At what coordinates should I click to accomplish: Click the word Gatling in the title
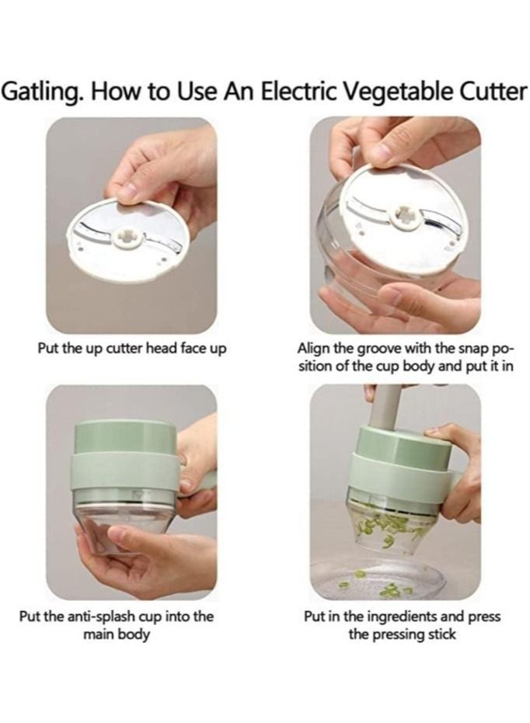point(43,92)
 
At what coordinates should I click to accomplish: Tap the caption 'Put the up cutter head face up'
point(132,349)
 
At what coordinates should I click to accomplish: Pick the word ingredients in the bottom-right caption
point(400,617)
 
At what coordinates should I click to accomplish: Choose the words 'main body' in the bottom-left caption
point(117,635)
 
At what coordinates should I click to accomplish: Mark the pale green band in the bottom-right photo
point(402,468)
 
